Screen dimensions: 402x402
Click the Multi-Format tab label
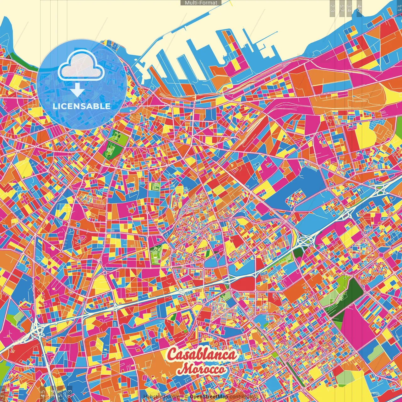click(x=201, y=3)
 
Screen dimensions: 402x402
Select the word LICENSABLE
click(x=82, y=106)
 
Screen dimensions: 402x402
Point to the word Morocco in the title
click(x=204, y=369)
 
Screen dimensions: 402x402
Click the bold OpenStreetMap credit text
click(x=209, y=397)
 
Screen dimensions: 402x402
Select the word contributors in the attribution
click(x=244, y=397)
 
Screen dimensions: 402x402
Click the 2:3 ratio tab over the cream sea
click(x=332, y=8)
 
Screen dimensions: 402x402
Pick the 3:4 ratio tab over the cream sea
click(x=349, y=8)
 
